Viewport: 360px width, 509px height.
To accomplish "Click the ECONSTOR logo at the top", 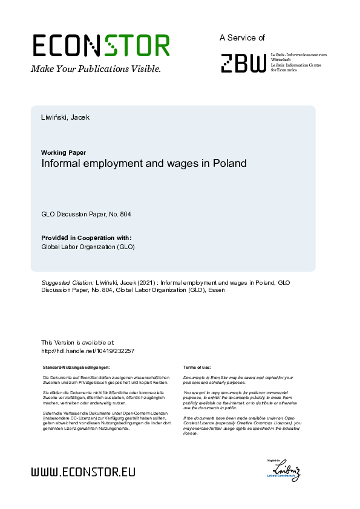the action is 100,45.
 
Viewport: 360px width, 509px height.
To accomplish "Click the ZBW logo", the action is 243,63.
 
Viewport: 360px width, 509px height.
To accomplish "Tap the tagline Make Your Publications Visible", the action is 96,69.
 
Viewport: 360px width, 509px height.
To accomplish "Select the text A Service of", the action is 242,37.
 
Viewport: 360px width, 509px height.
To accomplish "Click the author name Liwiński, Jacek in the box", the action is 65,117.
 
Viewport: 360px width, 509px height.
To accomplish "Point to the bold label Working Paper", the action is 64,152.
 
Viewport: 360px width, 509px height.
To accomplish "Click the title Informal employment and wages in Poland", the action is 144,163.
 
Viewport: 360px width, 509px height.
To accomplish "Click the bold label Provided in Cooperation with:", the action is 86,238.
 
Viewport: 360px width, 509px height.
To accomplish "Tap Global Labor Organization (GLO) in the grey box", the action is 88,247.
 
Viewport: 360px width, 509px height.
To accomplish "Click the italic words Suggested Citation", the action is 67,282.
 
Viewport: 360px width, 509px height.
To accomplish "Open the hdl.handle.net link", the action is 87,351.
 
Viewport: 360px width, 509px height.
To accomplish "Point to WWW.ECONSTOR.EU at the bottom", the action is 83,472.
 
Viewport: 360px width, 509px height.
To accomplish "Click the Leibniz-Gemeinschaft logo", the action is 284,470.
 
